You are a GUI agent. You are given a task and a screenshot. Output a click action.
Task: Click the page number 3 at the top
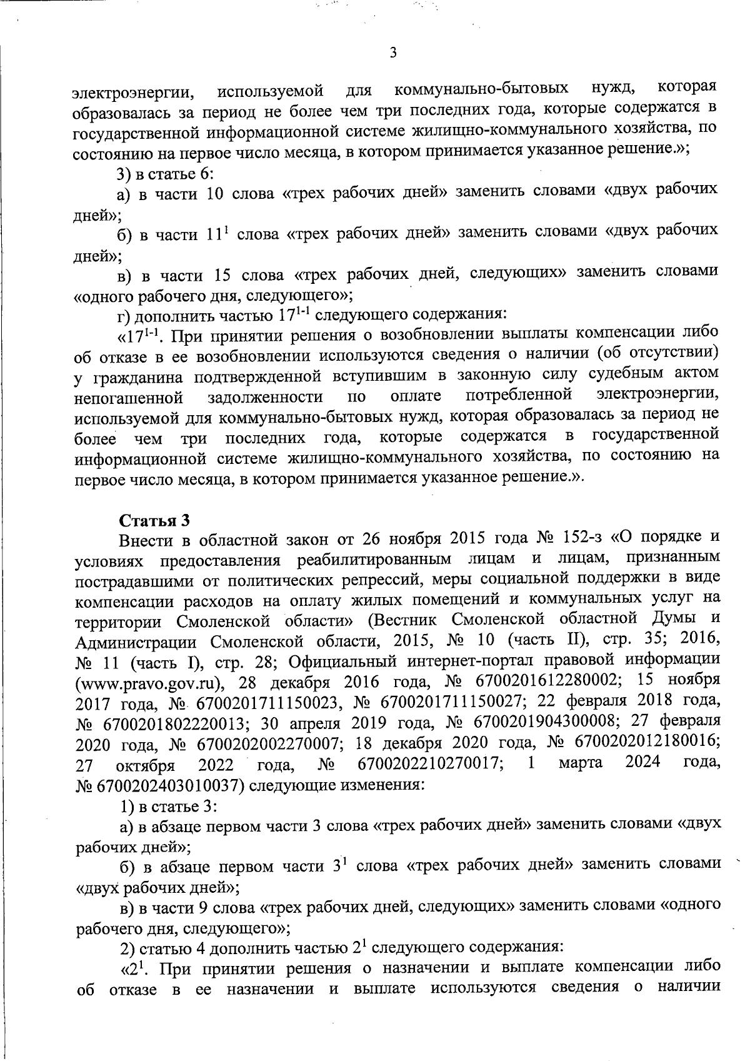392,53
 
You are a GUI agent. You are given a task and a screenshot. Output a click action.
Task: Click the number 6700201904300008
542,723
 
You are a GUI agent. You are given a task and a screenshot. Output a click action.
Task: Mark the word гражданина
136,378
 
